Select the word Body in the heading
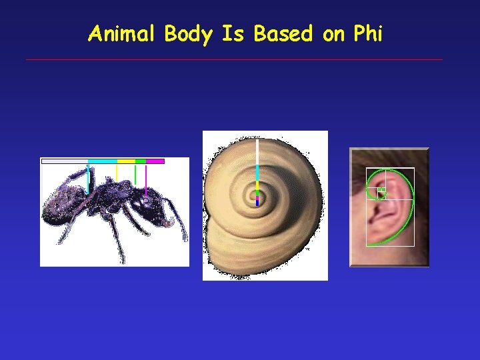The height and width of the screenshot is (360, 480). [x=188, y=33]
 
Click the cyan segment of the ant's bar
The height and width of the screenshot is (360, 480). [x=102, y=161]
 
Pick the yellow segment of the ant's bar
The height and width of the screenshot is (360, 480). [x=126, y=161]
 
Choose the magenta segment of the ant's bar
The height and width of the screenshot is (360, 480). [x=155, y=161]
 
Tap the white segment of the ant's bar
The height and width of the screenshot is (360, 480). [x=64, y=161]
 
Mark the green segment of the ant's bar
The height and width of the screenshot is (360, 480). [x=140, y=161]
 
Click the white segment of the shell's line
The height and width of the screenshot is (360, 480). [x=257, y=151]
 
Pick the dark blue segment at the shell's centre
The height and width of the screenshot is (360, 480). [x=257, y=202]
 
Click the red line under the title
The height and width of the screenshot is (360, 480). [x=233, y=60]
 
